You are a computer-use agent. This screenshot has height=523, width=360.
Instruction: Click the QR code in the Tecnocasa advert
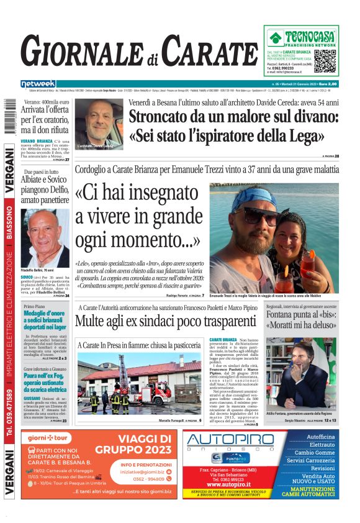326,62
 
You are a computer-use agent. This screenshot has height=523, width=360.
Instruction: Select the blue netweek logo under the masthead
38,83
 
